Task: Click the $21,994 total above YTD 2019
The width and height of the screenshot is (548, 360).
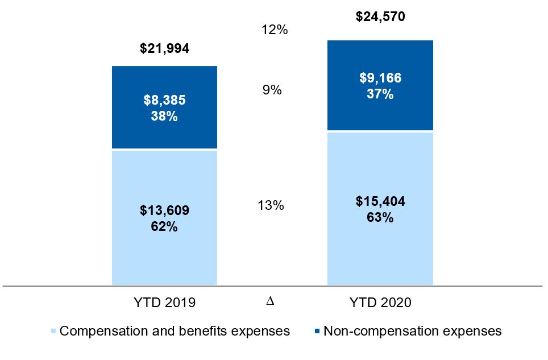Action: point(165,48)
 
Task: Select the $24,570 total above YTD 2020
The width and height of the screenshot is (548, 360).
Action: point(380,16)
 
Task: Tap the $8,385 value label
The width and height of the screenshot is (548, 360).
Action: point(165,100)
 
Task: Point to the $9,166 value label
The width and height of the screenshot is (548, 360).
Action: point(380,77)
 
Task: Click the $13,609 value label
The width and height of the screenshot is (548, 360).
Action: point(165,210)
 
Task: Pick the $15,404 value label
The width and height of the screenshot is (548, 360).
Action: point(380,201)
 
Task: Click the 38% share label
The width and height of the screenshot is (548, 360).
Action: point(164,116)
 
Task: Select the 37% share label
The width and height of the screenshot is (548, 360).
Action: point(380,94)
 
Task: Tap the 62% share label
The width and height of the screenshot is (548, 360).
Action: point(164,226)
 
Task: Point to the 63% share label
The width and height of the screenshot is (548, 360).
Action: point(380,217)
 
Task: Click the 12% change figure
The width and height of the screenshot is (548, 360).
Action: point(275,30)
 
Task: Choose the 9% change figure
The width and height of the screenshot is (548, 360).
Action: point(272,90)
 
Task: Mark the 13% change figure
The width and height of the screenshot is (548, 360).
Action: point(271,205)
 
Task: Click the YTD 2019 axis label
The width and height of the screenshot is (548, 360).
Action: point(165,303)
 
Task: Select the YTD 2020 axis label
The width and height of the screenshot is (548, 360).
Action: point(380,303)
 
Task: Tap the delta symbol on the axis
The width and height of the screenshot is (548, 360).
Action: point(270,301)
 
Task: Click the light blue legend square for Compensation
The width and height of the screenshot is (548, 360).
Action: point(53,331)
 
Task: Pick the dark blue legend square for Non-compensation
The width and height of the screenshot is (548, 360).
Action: point(317,331)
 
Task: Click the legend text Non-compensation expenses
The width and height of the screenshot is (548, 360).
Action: point(413,331)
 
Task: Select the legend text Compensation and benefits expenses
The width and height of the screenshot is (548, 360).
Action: point(175,331)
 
